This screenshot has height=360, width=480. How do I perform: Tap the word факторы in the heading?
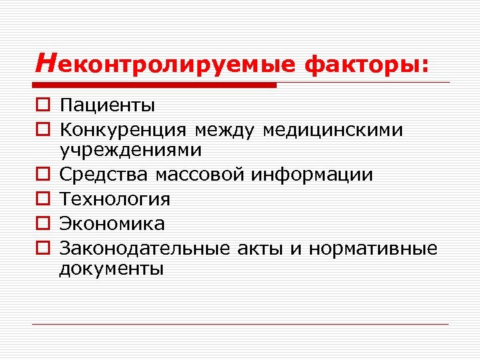pyautogui.click(x=366, y=65)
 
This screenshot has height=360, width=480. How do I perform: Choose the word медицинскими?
pyautogui.click(x=333, y=129)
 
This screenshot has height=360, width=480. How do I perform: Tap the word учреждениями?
pyautogui.click(x=130, y=151)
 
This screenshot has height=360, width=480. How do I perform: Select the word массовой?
pyautogui.click(x=201, y=175)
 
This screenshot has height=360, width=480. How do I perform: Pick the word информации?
pyautogui.click(x=313, y=175)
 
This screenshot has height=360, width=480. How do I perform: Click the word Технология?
pyautogui.click(x=115, y=199)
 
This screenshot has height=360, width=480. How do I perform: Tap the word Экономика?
pyautogui.click(x=112, y=223)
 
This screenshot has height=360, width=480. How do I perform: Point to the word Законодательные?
pyautogui.click(x=145, y=248)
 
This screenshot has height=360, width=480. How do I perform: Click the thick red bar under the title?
pyautogui.click(x=156, y=85)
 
